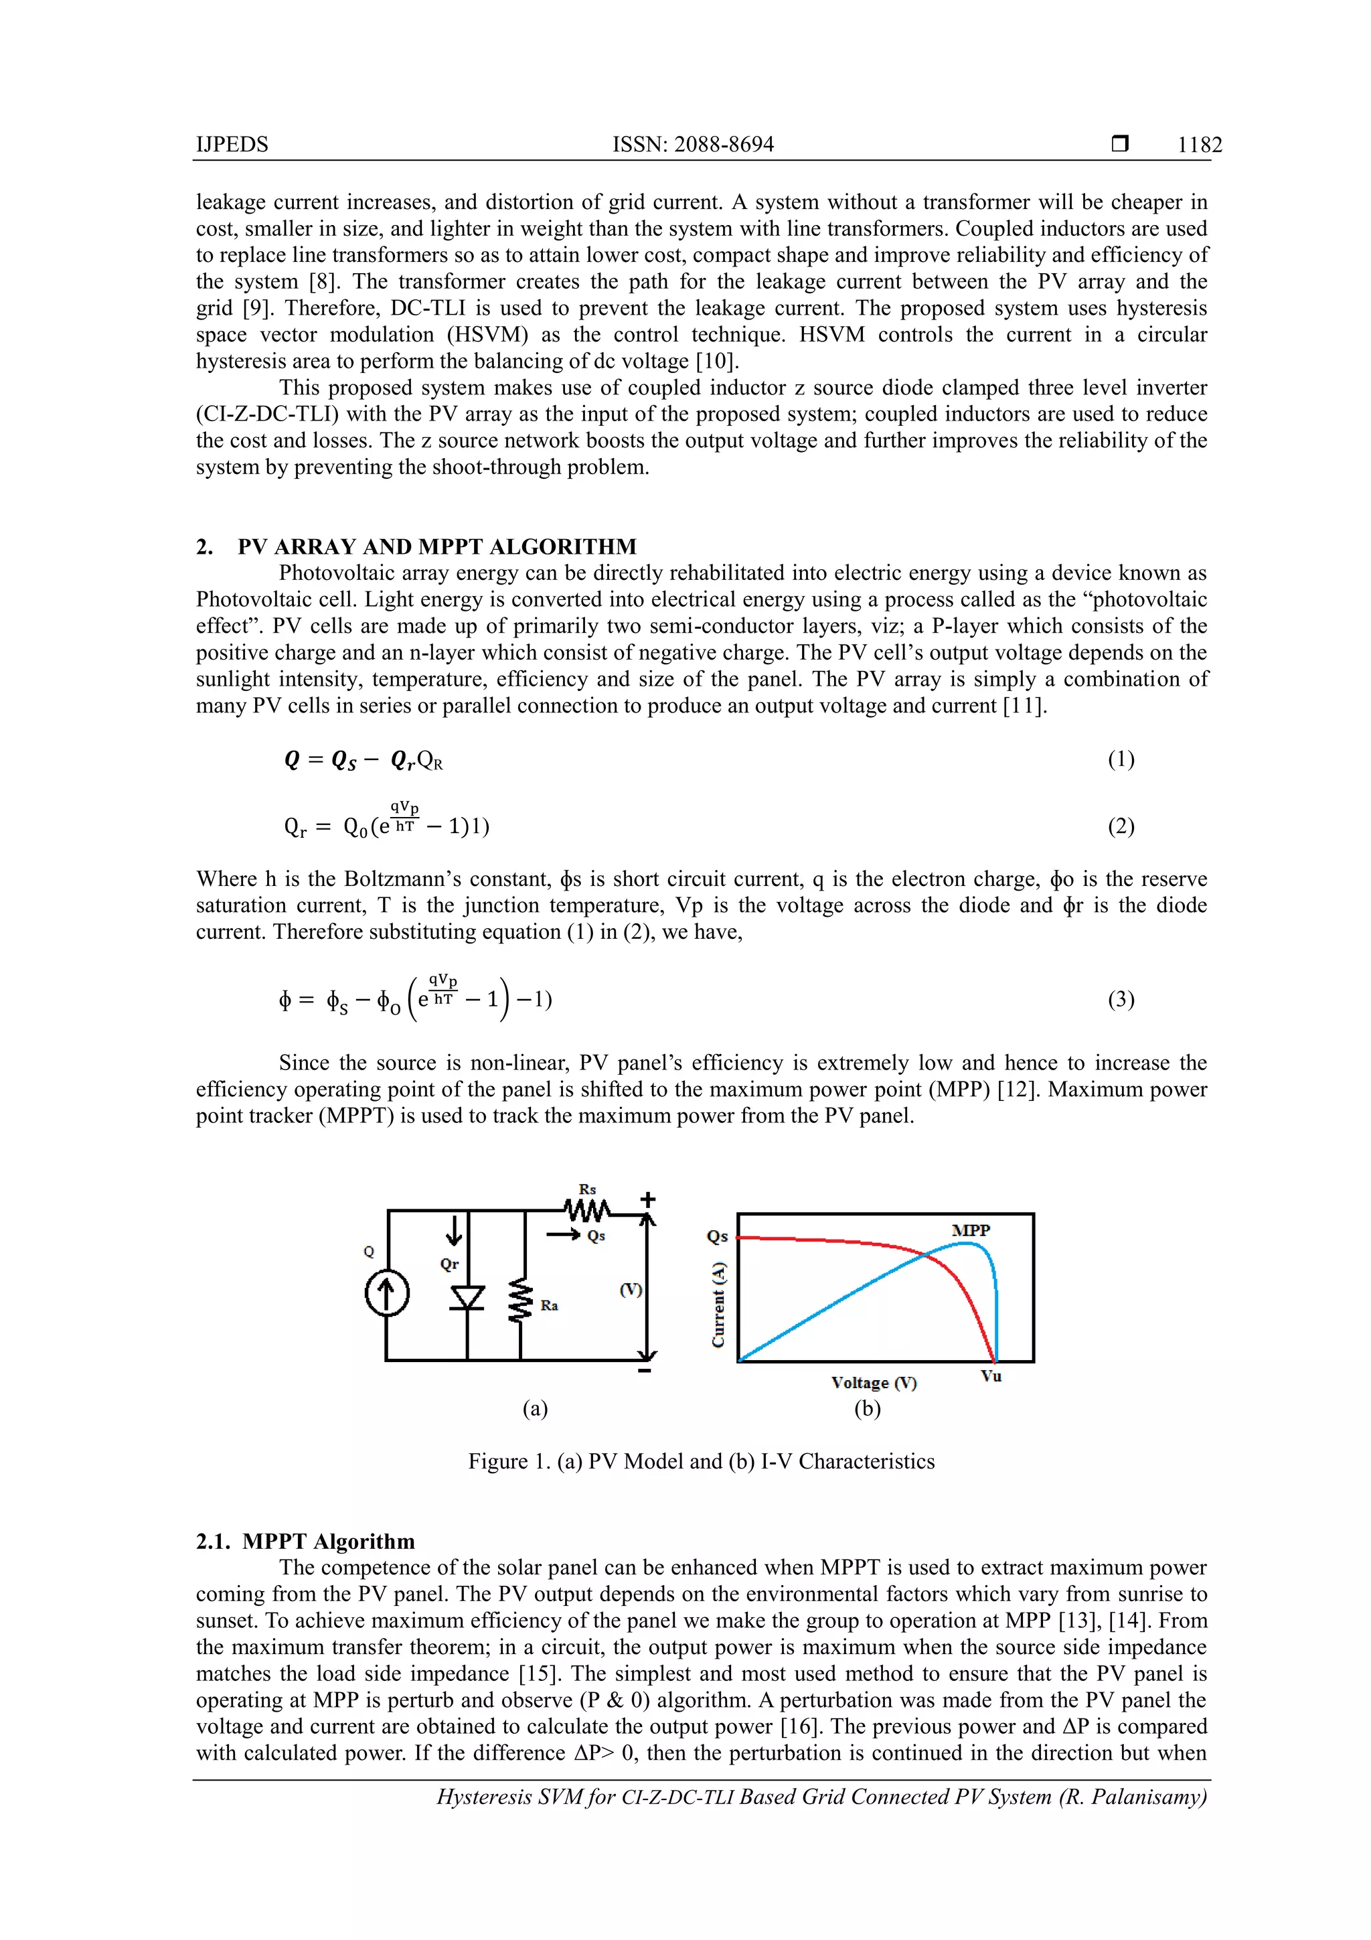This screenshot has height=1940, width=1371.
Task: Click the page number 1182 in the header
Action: coord(1199,145)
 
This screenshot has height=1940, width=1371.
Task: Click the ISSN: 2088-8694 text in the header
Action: coord(693,145)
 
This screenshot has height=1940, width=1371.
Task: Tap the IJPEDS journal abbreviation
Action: coord(232,145)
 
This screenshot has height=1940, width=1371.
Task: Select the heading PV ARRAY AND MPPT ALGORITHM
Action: coord(436,546)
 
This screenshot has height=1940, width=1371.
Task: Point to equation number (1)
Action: coord(1120,759)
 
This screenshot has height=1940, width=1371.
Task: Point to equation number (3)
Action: coord(1120,1000)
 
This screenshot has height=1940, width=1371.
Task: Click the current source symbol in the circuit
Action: coord(387,1294)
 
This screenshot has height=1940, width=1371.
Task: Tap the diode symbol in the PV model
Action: coord(467,1297)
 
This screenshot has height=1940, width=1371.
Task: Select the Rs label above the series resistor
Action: coord(587,1189)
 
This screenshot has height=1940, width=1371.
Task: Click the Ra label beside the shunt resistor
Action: coord(549,1305)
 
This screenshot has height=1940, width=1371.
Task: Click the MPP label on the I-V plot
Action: coord(971,1230)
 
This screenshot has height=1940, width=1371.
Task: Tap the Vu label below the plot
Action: coord(991,1375)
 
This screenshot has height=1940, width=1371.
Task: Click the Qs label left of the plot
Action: coord(716,1236)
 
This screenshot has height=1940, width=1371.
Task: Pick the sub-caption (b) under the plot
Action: coord(867,1408)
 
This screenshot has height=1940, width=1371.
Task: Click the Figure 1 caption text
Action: coord(701,1462)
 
